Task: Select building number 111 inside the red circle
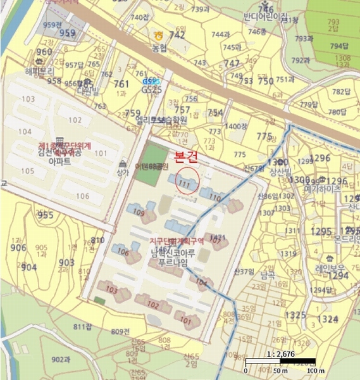pyautogui.click(x=184, y=184)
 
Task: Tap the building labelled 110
pyautogui.click(x=215, y=198)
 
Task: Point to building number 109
pyautogui.click(x=140, y=213)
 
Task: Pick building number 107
pyautogui.click(x=216, y=240)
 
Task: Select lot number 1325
pyautogui.click(x=295, y=315)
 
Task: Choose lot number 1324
pyautogui.click(x=328, y=318)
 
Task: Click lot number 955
pyautogui.click(x=46, y=215)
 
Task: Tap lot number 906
pyautogui.click(x=18, y=248)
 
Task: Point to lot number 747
pyautogui.click(x=232, y=63)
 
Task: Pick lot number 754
pyautogui.click(x=215, y=112)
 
